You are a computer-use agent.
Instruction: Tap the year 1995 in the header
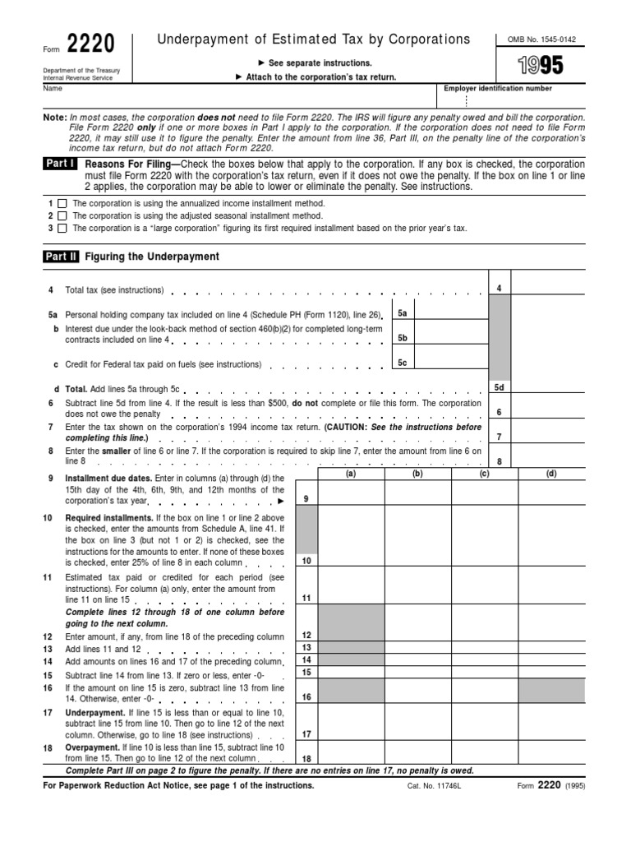point(529,65)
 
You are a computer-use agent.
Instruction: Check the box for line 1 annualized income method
point(62,203)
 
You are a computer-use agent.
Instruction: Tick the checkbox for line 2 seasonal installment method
point(62,215)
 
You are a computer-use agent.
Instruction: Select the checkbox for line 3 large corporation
point(62,228)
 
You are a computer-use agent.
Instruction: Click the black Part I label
point(61,164)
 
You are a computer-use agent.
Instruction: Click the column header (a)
point(351,473)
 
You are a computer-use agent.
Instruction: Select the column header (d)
point(550,473)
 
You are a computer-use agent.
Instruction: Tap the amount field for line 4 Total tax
point(548,288)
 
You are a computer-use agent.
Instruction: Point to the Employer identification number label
point(498,89)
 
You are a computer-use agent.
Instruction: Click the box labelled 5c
point(403,363)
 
